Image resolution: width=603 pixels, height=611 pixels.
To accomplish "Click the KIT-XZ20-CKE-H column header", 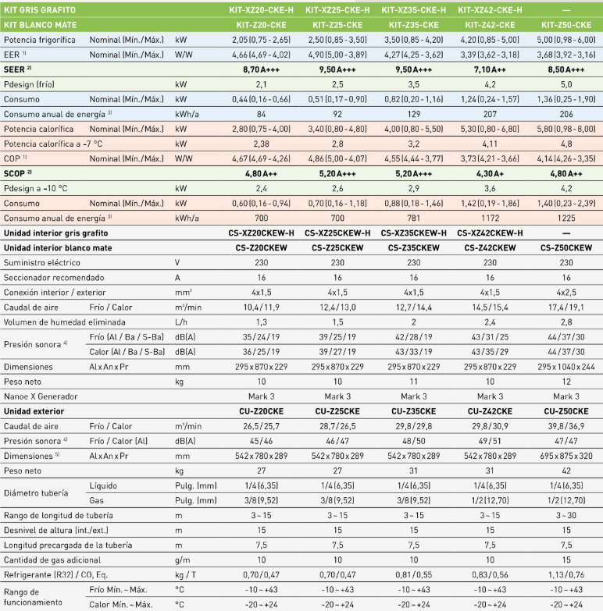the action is tap(262, 9).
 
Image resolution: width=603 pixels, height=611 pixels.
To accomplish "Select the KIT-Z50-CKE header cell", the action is tap(566, 25).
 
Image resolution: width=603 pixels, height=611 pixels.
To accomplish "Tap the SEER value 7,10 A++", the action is tap(490, 69).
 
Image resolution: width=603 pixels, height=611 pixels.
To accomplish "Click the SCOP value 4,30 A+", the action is tap(490, 174).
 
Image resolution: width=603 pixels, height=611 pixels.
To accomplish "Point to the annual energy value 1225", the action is tap(566, 218).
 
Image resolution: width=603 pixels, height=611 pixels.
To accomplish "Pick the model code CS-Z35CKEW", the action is tap(414, 248).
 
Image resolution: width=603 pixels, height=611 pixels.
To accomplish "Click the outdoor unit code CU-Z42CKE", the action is tap(490, 411).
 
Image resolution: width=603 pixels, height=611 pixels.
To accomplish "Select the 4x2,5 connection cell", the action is tap(566, 293).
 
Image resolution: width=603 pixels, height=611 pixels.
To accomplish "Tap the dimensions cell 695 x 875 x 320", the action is tap(566, 456).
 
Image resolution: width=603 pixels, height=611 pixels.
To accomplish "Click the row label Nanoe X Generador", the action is tap(41, 396).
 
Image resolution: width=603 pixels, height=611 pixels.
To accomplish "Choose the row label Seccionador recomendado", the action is tap(54, 278).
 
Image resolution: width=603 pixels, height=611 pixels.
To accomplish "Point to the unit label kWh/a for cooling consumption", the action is tap(187, 114).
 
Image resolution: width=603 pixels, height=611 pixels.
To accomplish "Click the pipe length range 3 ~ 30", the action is tap(566, 516).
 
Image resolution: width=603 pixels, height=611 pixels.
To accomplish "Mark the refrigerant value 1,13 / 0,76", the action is tap(566, 575).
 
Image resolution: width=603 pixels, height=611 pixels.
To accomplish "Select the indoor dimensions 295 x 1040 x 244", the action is tap(566, 367).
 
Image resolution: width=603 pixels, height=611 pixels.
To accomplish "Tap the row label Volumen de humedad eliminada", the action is tap(64, 322).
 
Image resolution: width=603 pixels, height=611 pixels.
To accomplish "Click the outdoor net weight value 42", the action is tap(566, 471).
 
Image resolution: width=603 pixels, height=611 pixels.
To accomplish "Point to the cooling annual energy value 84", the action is tap(262, 114).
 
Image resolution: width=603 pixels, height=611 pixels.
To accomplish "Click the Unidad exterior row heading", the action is tap(34, 411).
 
